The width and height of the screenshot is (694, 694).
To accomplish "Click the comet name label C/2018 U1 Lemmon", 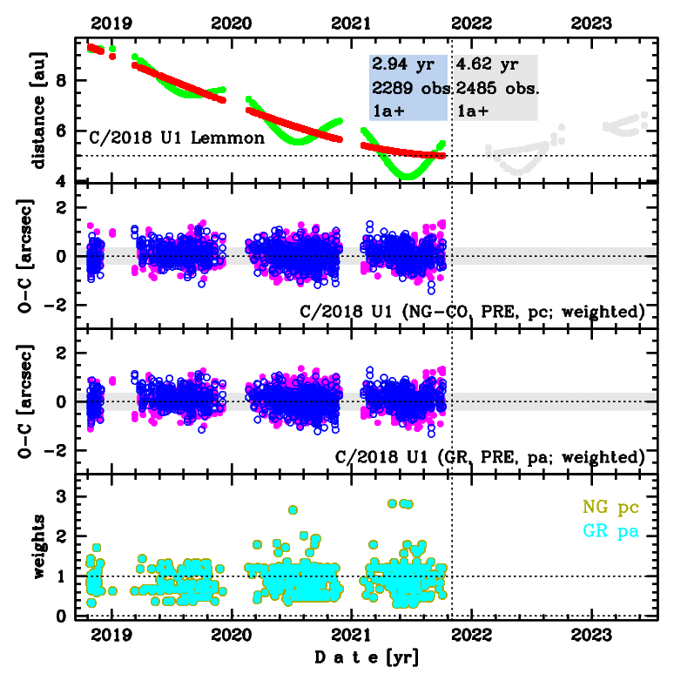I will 177,138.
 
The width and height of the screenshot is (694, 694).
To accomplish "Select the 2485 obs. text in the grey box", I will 498,89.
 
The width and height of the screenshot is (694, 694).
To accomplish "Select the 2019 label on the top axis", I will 111,24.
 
